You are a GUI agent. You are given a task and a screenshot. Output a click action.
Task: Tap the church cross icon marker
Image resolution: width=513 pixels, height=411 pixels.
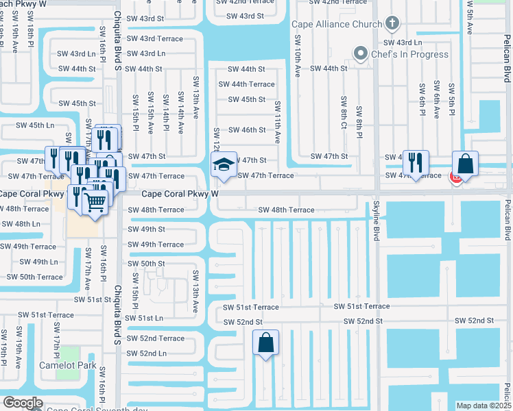(392, 25)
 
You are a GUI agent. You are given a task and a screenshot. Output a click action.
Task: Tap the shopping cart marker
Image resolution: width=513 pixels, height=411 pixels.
(95, 201)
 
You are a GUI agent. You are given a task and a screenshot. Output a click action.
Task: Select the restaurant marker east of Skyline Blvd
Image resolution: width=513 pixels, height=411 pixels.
(416, 164)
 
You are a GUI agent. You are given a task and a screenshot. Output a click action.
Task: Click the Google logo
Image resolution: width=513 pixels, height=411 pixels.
(22, 403)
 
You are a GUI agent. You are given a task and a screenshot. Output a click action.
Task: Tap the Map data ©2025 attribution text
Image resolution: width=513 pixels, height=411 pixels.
(484, 406)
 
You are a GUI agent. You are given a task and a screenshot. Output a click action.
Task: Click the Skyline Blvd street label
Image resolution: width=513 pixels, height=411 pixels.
(376, 220)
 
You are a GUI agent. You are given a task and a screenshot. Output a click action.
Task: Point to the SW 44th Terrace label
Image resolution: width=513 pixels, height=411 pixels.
(246, 84)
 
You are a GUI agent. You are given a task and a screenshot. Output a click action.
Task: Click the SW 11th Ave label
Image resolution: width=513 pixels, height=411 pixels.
(278, 122)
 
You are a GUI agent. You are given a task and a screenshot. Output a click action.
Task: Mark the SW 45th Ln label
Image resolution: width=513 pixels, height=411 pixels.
(34, 125)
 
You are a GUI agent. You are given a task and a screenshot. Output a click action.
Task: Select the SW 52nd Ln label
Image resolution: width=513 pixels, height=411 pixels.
(147, 353)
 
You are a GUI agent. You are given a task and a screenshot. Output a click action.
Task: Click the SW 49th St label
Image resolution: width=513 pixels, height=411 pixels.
(146, 229)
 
